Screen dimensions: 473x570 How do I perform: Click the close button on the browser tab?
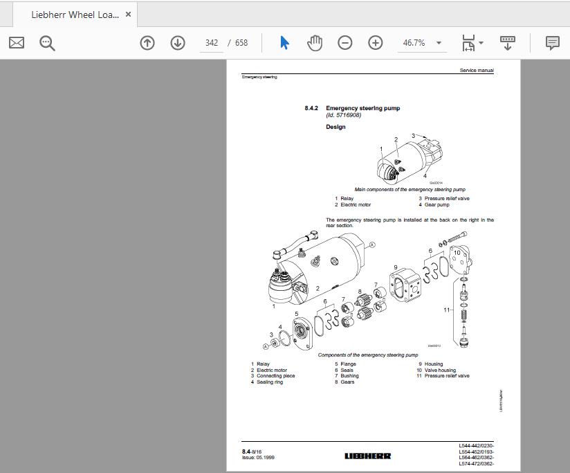coord(128,15)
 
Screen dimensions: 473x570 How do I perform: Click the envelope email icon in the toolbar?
coord(17,43)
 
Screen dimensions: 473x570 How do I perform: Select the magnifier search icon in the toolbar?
coord(47,43)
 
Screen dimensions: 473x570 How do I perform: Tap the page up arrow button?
coord(147,43)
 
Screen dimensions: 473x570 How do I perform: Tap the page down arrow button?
coord(178,43)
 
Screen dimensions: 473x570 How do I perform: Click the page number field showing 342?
coord(212,43)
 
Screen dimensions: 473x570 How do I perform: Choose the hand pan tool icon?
coord(315,43)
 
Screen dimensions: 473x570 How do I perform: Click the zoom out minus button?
coord(344,43)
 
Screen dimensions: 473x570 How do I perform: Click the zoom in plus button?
coord(375,43)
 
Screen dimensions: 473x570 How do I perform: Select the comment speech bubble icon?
coord(552,43)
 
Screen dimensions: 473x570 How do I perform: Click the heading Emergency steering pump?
coord(362,108)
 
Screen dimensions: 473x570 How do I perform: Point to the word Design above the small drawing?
coord(335,127)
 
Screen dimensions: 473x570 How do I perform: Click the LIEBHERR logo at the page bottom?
coord(367,456)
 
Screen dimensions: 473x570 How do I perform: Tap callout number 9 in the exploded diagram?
coord(396,267)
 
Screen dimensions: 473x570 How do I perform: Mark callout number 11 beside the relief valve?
coord(447,310)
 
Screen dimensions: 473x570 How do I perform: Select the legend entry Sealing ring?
coord(270,382)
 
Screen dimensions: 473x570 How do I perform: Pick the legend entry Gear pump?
coord(436,205)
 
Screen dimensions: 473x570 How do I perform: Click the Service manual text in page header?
coord(477,71)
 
